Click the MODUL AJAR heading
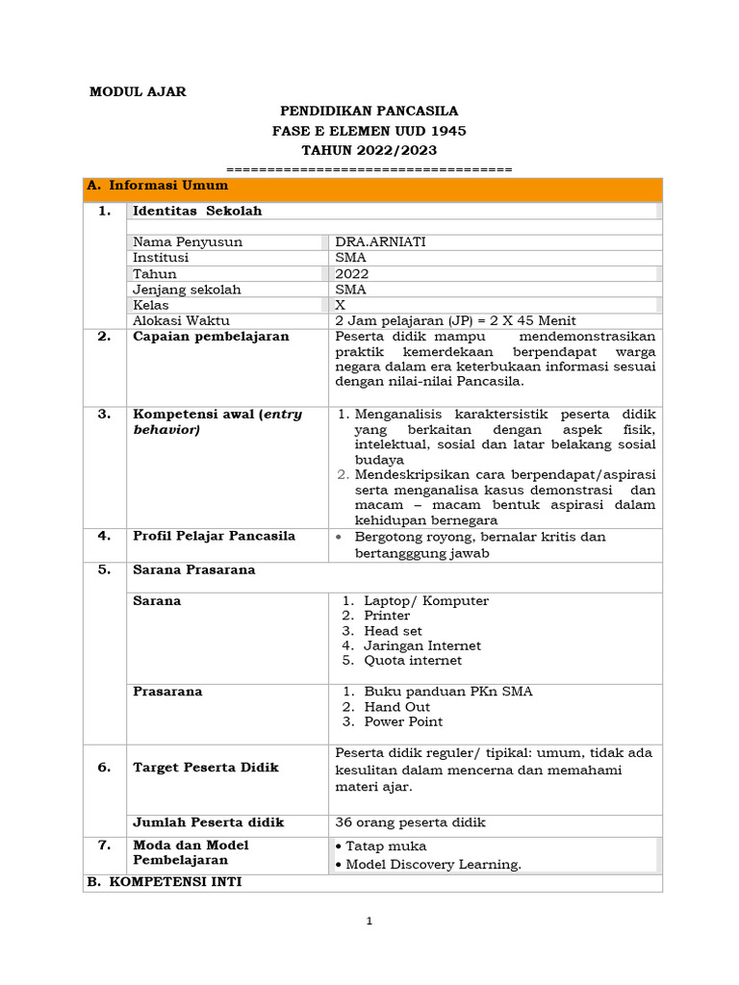pos(138,92)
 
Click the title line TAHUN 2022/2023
pos(369,150)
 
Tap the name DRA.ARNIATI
pos(380,242)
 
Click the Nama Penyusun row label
pos(188,242)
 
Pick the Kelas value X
pos(340,305)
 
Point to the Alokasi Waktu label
pos(181,321)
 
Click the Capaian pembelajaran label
pos(211,337)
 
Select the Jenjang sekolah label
pos(187,290)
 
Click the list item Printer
pos(387,616)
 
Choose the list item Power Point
pos(403,721)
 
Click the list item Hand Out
pos(396,707)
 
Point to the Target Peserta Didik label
pos(206,768)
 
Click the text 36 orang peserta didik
pos(410,822)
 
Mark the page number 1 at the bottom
pos(369,922)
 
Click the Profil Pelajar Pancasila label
pos(214,536)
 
